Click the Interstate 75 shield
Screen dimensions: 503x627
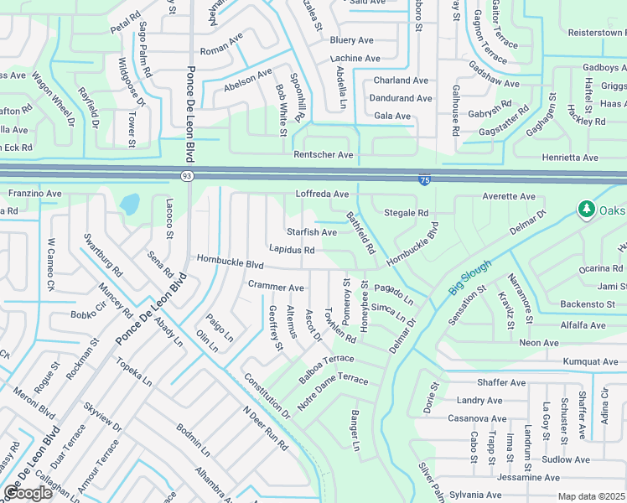(x=425, y=179)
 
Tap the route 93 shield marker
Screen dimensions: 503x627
(x=186, y=175)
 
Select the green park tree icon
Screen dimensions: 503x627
(x=585, y=208)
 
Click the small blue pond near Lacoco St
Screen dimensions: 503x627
(x=130, y=204)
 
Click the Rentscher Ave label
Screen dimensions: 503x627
(x=323, y=155)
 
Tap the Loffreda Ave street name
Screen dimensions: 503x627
(x=322, y=194)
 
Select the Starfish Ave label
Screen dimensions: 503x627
(x=311, y=232)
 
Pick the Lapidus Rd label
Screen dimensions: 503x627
(x=292, y=250)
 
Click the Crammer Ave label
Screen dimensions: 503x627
(x=276, y=287)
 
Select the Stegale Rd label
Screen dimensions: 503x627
(x=406, y=213)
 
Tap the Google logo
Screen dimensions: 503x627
(x=28, y=493)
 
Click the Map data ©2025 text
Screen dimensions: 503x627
(x=591, y=496)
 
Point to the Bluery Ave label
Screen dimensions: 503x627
(x=351, y=40)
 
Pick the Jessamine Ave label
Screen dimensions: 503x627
(x=527, y=477)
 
